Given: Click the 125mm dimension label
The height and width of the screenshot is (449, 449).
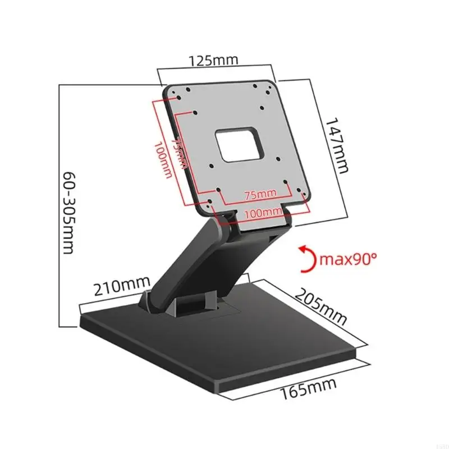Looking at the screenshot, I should (215, 60).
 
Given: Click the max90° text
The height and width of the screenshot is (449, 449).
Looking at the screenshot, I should (348, 259).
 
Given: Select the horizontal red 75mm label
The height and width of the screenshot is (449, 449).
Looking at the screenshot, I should (259, 195).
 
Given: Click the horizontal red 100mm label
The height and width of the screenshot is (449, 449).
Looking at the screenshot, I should (263, 212).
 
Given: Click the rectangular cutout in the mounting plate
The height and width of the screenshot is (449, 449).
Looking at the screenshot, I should (240, 142).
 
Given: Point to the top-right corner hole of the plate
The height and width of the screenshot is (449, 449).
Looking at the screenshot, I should (255, 86).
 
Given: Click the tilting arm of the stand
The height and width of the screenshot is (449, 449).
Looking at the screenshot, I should (185, 264).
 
